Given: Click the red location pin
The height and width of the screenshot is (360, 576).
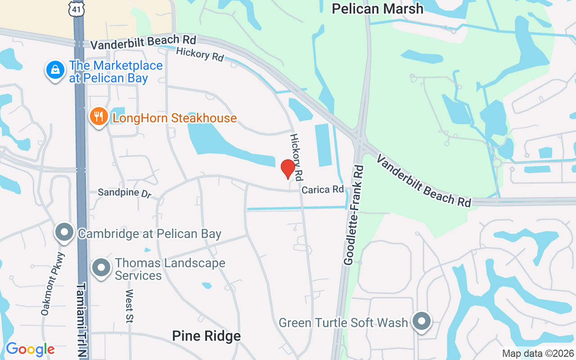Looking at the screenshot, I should [288, 169].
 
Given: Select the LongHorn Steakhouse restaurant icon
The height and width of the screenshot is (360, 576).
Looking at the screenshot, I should [98, 117].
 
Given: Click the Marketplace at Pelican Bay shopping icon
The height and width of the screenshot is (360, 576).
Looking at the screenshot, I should [55, 70].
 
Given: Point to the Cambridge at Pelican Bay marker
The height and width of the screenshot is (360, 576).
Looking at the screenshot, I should [64, 233].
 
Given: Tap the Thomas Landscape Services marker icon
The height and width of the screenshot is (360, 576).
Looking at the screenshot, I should [101, 268].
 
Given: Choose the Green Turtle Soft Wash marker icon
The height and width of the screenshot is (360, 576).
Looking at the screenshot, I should [422, 322].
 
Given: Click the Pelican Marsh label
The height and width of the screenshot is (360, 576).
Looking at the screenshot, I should [378, 9].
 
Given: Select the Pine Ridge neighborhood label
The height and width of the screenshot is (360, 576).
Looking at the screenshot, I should [207, 336].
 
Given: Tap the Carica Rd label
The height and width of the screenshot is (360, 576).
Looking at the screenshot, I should [322, 189].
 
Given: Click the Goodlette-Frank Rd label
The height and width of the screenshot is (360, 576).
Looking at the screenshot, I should [354, 215].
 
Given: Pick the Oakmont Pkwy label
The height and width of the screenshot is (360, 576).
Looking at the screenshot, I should [53, 284].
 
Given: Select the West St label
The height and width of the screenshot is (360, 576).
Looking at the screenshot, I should [129, 306].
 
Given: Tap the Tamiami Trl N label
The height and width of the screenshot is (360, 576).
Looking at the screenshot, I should [81, 320].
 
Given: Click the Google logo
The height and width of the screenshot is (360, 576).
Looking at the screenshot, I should [30, 349].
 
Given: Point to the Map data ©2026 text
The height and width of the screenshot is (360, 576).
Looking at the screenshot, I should [538, 354].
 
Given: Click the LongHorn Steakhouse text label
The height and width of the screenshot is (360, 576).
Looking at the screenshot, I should [175, 118].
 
